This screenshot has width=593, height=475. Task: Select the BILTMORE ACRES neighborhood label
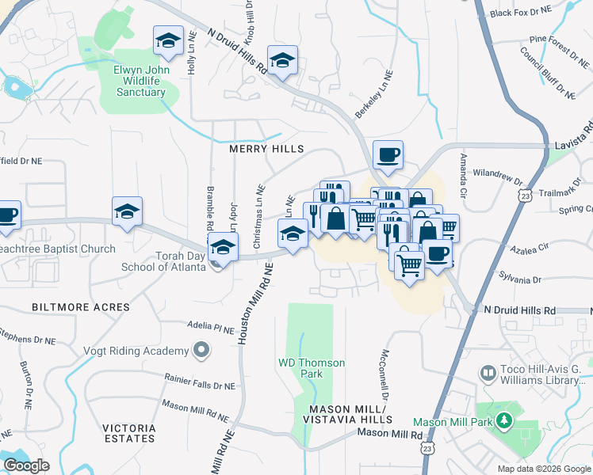[x=80, y=306]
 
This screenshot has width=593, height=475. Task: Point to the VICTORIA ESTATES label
[x=128, y=432]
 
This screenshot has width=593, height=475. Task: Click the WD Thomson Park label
[x=312, y=368]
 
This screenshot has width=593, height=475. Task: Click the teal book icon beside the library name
[x=488, y=371]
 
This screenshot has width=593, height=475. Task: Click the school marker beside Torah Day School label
[x=224, y=250]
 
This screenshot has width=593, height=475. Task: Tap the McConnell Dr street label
[x=385, y=373]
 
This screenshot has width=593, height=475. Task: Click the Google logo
[x=27, y=465]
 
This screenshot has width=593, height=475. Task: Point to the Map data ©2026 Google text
[x=544, y=469]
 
